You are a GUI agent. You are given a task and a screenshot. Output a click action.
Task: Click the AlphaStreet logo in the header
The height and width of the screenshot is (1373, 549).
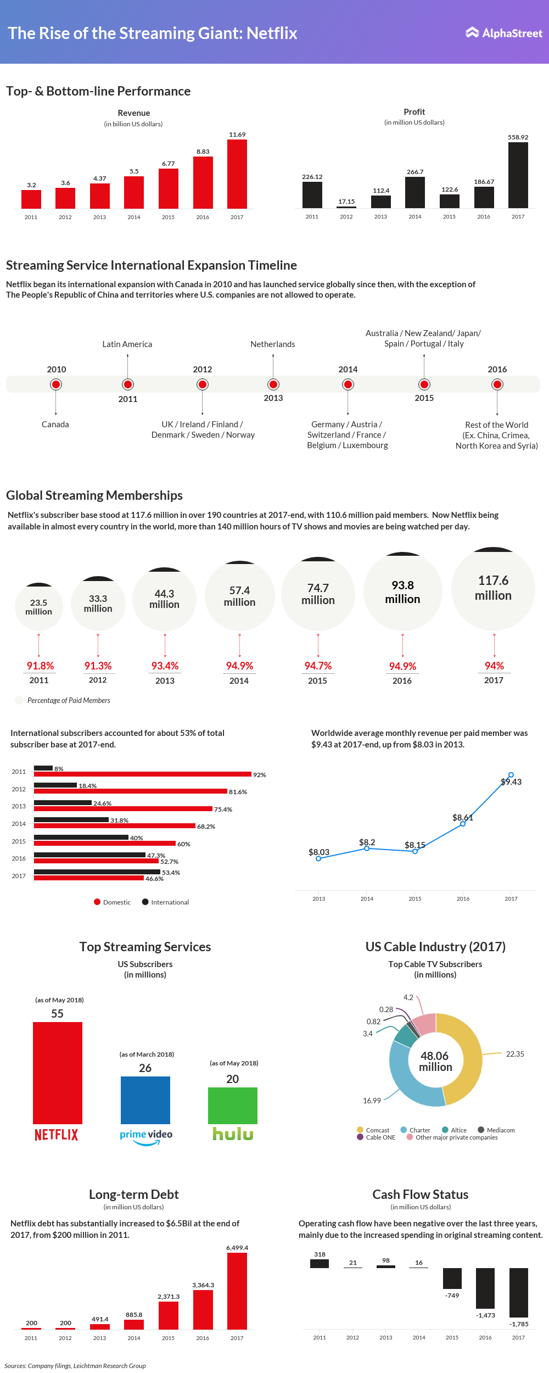pos(504,33)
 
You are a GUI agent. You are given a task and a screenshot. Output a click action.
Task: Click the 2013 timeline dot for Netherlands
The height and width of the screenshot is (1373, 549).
pos(273,384)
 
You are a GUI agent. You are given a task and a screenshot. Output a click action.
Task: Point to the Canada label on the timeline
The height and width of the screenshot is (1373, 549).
pos(55,425)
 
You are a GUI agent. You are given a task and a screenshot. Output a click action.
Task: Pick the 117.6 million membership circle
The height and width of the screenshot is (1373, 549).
pos(493,589)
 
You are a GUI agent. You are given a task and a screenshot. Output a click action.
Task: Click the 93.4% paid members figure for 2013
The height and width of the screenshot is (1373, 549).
pos(165,666)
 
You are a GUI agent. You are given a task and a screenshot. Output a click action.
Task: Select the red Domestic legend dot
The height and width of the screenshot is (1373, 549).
pos(97,902)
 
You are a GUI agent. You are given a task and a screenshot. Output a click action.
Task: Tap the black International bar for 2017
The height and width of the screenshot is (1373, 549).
pos(97,872)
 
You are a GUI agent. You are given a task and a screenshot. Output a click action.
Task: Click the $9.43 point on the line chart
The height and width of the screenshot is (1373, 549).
pos(511,775)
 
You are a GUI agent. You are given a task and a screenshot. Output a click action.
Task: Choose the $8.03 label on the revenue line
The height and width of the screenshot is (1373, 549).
pos(319,852)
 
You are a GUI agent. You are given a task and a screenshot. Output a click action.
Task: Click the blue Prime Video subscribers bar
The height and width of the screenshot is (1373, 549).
pos(145,1100)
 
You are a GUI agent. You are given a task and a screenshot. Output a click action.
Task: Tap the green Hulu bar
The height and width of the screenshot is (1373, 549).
pos(233,1106)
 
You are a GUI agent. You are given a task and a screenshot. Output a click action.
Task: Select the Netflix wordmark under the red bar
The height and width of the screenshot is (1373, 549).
pos(57,1135)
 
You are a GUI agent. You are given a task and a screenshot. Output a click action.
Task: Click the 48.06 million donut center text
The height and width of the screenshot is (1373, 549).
pos(435,1061)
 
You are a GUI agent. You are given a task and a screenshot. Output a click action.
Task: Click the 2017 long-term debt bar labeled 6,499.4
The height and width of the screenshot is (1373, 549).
pos(237,1291)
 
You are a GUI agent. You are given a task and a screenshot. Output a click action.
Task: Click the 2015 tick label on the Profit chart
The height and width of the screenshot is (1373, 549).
pos(449,217)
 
